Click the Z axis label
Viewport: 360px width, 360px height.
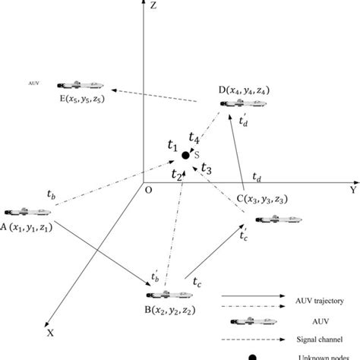155,7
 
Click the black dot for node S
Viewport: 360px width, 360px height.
185,156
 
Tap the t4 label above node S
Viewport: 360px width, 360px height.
194,139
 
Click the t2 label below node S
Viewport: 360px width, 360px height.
176,175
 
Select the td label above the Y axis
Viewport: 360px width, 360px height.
258,177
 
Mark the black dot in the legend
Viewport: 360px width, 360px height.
252,355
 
